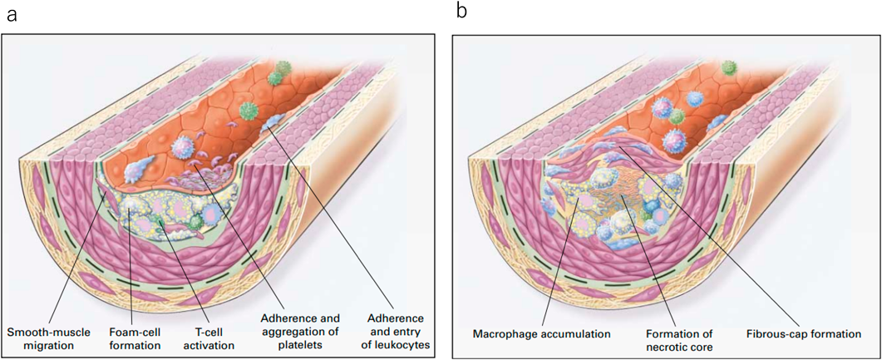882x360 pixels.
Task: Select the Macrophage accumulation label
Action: pyautogui.click(x=542, y=334)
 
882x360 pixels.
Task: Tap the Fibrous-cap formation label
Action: pyautogui.click(x=801, y=334)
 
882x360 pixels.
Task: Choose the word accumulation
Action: pyautogui.click(x=574, y=334)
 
